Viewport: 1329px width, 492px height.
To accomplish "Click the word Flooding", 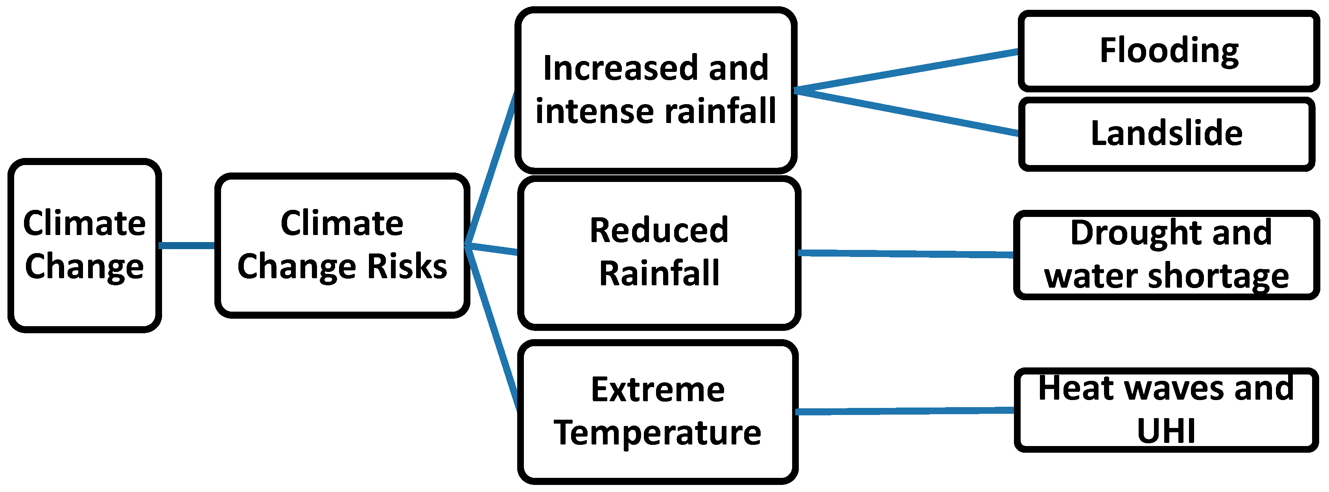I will click(x=1169, y=51).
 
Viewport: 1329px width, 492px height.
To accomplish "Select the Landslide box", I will click(x=1166, y=133).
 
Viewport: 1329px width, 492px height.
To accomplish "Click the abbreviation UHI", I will click(x=1166, y=431).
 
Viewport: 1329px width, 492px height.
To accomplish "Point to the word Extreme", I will click(x=657, y=389).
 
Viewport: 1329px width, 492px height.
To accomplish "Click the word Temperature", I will click(x=657, y=432).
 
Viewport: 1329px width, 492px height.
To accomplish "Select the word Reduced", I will click(x=659, y=231).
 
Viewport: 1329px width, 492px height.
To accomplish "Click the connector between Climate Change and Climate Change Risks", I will click(x=186, y=246).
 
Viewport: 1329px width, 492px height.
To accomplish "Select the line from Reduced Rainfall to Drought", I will click(x=905, y=254).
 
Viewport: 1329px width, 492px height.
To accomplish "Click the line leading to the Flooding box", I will click(x=905, y=71).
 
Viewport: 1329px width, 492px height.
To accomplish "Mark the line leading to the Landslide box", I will click(x=905, y=113).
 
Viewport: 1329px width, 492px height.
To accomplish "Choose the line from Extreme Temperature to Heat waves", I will click(x=905, y=411).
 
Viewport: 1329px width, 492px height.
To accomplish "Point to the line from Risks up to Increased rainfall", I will click(x=490, y=169).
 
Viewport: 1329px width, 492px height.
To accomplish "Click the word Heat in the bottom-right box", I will click(x=1067, y=387).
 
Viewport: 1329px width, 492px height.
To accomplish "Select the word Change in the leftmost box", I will click(x=84, y=266).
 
